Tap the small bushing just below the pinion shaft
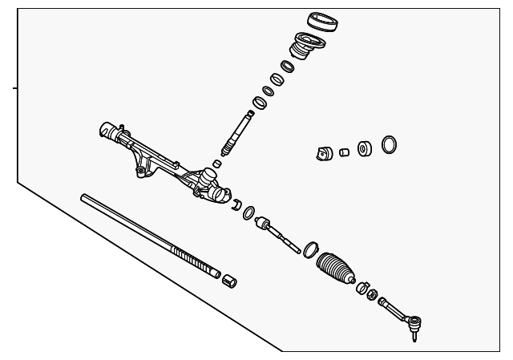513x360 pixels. [217, 163]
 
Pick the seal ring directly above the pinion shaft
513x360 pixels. [259, 103]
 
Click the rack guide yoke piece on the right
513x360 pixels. [325, 153]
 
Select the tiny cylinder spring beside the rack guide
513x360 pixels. [344, 152]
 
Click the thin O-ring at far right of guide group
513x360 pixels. [390, 144]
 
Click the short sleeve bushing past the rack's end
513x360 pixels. [230, 280]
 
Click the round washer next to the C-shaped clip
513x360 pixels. [249, 212]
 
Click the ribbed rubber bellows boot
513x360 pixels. [337, 267]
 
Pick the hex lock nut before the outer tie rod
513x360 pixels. [372, 295]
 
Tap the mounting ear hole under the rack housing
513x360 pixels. [142, 170]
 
